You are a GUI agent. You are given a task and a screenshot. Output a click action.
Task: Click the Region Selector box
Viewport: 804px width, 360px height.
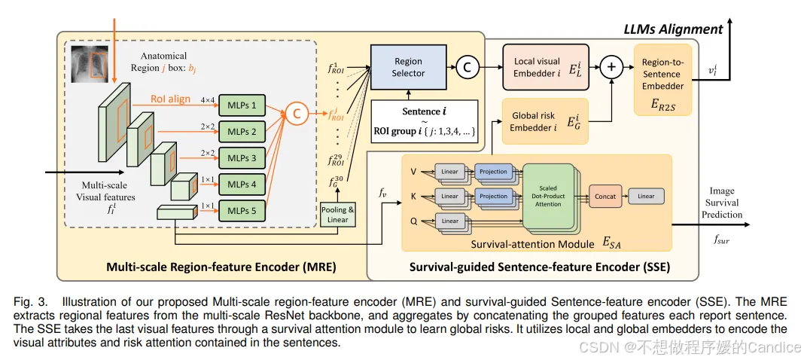click(408, 67)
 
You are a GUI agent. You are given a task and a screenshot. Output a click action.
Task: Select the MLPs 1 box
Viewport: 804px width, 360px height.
click(242, 105)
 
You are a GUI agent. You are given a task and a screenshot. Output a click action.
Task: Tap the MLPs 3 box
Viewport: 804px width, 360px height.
click(242, 158)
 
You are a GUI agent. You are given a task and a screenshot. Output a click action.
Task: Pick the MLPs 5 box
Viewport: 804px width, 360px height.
click(242, 211)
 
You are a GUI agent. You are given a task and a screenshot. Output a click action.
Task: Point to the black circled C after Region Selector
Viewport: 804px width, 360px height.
click(467, 67)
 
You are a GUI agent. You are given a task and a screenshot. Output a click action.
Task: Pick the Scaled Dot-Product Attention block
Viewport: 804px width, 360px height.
click(548, 197)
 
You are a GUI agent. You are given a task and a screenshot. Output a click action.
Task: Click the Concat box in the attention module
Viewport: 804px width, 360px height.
click(605, 197)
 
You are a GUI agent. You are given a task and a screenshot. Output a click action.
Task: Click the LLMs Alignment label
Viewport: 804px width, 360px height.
click(672, 29)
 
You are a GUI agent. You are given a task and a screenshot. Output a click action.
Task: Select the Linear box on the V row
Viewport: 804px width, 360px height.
click(449, 172)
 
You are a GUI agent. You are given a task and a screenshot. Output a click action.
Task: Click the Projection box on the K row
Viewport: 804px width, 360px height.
click(493, 197)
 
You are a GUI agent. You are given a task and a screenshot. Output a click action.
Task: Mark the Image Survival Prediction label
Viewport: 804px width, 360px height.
click(720, 203)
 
